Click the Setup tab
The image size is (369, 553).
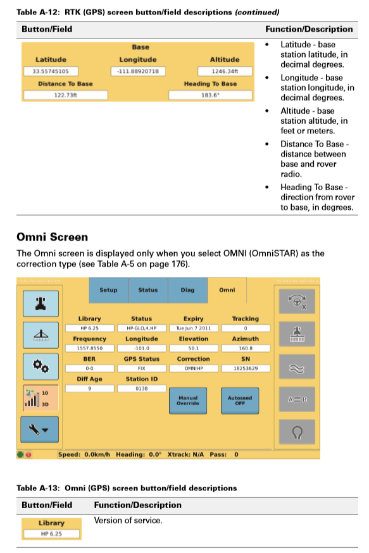[x=108, y=290]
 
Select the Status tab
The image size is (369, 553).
[x=147, y=290]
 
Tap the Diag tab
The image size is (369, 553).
[x=187, y=290]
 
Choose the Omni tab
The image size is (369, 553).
[x=227, y=290]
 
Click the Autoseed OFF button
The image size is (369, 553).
[x=239, y=400]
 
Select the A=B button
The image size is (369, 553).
[x=296, y=399]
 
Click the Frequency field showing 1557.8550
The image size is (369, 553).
[x=89, y=348]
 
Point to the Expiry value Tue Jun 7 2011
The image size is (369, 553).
[x=193, y=329]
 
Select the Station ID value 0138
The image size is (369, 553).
[x=141, y=388]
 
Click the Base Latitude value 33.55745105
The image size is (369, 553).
[x=51, y=71]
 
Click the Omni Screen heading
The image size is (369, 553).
[x=52, y=237]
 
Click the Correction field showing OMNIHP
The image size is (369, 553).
[x=193, y=368]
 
